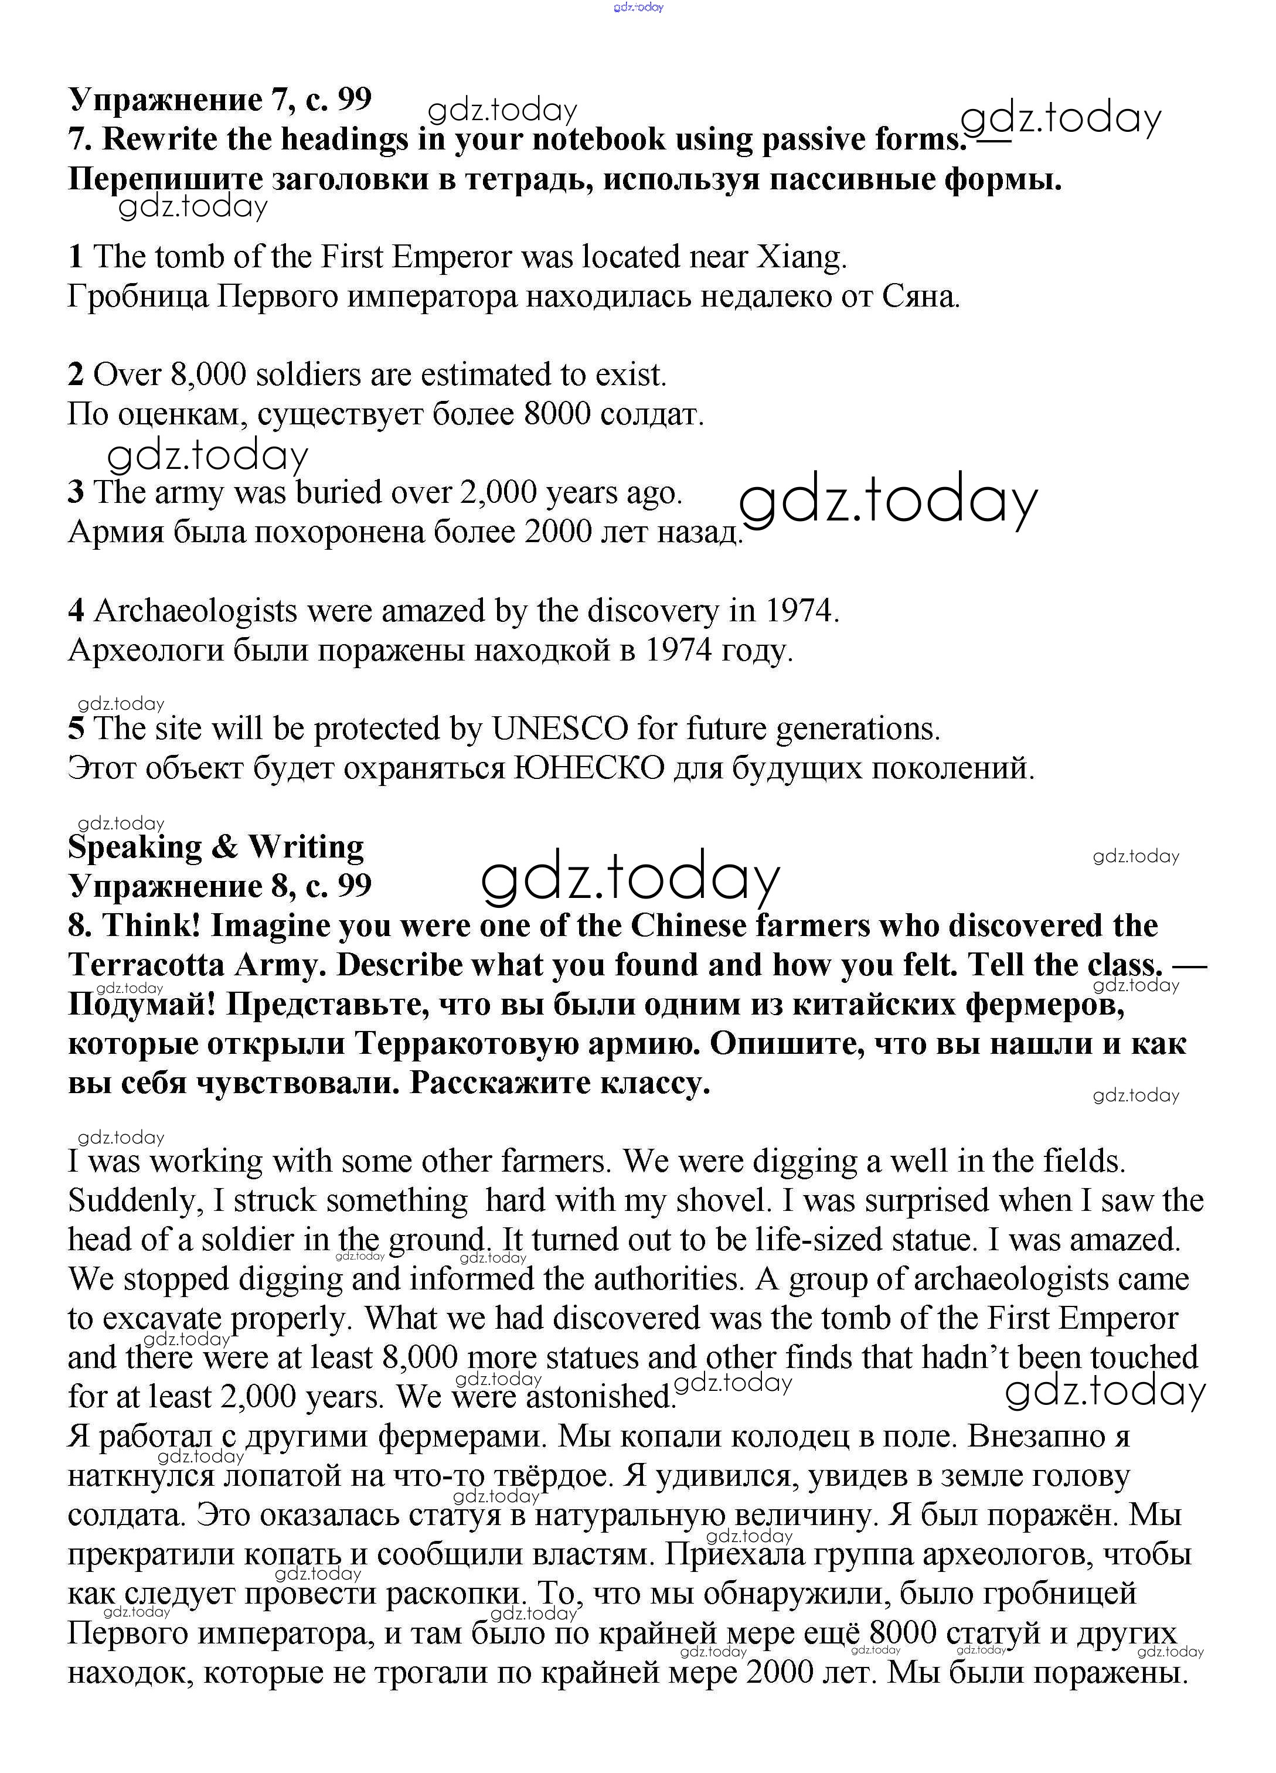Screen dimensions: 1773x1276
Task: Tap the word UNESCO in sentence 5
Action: (x=560, y=729)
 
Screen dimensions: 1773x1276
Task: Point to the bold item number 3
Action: (x=76, y=492)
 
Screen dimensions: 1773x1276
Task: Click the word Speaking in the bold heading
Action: (x=134, y=846)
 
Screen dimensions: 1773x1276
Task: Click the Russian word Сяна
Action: (x=920, y=297)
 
